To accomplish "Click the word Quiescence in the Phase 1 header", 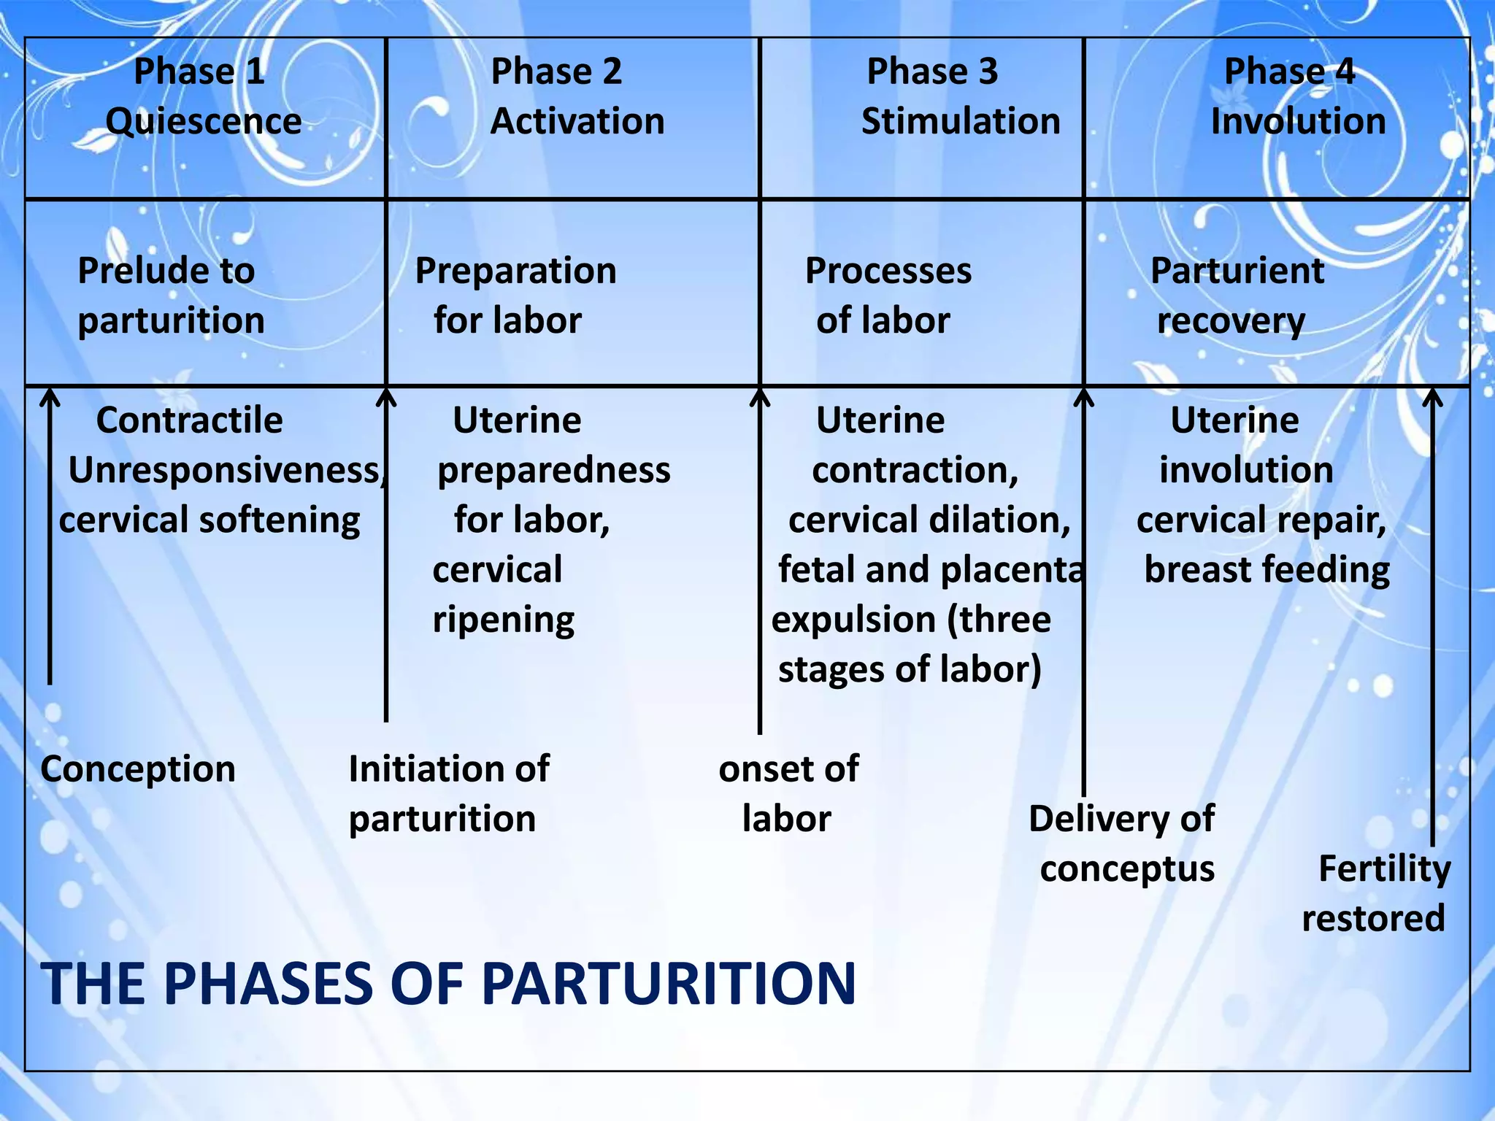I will [203, 121].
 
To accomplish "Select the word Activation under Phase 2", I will [577, 121].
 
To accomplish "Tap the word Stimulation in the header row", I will [960, 121].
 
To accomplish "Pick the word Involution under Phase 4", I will [1298, 121].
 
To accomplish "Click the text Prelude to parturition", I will [170, 296].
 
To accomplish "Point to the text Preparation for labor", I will [515, 296].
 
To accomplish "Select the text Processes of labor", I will [887, 296].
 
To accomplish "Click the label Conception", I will [138, 769].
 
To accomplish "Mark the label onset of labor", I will [788, 794].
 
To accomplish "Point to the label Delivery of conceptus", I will [1123, 844].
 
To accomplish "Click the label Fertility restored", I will [1375, 893].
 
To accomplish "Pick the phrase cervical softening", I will [209, 520].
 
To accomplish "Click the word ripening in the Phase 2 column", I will [503, 620].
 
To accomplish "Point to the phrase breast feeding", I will [1267, 570].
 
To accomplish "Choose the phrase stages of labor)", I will [910, 670].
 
